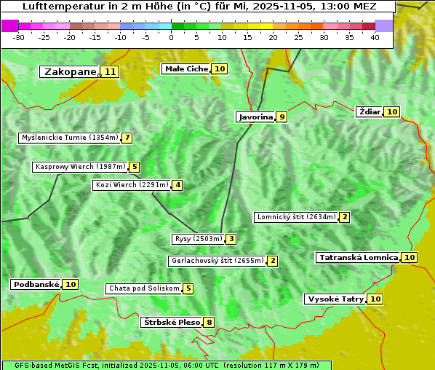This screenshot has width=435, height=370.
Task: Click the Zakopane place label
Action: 70,72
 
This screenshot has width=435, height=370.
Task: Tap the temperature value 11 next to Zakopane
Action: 110,72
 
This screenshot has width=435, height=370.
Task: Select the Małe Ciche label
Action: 186,69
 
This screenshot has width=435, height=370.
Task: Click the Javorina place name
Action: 255,117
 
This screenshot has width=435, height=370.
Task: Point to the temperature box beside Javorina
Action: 282,117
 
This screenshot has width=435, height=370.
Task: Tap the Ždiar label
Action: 370,111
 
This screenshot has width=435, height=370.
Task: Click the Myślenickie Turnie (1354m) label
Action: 70,138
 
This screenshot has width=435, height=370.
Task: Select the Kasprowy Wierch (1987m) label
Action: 81,167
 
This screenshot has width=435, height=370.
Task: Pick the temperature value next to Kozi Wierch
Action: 177,185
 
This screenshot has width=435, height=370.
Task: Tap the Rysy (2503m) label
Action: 198,239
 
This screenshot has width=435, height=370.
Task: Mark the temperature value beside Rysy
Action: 231,239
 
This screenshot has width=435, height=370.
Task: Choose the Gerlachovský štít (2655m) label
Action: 217,261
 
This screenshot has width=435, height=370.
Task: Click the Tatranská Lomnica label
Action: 358,258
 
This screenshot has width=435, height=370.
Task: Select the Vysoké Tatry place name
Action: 335,299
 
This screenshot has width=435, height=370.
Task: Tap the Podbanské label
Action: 36,285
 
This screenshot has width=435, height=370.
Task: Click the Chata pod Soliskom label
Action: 143,288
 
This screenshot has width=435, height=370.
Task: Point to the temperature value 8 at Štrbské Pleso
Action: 209,323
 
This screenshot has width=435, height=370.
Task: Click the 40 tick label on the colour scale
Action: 375,37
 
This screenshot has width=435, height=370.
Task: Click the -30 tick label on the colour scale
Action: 19,37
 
